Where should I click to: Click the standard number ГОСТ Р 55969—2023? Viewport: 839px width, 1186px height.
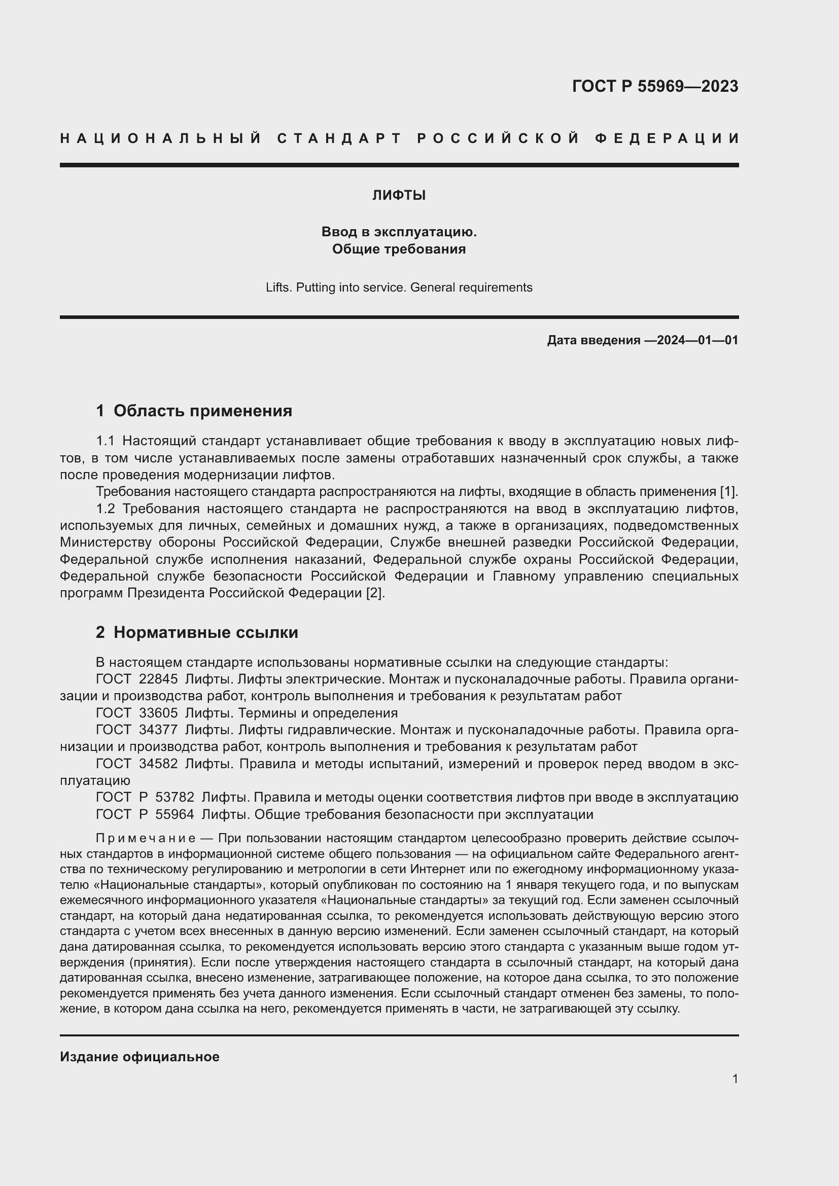[x=654, y=86]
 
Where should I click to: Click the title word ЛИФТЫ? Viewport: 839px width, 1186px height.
[x=399, y=195]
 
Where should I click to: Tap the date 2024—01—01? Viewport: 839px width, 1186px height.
[x=697, y=340]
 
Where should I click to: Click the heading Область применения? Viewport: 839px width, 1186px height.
[x=202, y=411]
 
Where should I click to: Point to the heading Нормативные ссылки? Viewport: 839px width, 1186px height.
[x=205, y=632]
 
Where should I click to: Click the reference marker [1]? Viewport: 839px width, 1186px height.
[x=728, y=491]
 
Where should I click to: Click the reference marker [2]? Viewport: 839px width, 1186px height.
[x=375, y=593]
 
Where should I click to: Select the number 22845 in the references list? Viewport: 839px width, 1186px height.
[x=158, y=679]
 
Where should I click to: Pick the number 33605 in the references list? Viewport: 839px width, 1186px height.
[x=158, y=713]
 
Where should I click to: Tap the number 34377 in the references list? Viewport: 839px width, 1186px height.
[x=158, y=730]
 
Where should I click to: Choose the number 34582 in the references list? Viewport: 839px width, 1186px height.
[x=158, y=764]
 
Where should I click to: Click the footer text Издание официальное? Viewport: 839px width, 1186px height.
[x=139, y=1056]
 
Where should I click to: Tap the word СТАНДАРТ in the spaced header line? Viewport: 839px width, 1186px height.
[x=339, y=138]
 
